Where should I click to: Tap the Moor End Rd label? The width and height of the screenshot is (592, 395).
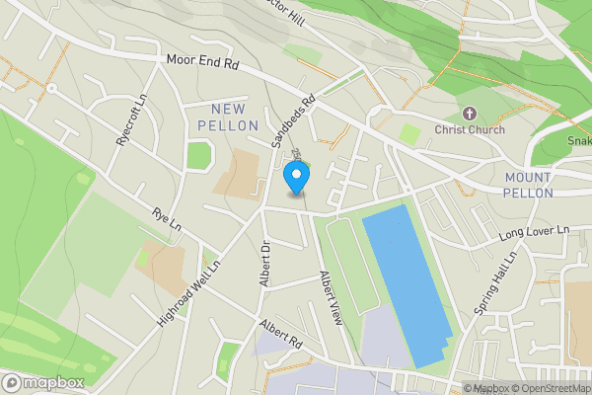(x=203, y=61)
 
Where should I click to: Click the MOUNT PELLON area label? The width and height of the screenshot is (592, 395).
(x=528, y=185)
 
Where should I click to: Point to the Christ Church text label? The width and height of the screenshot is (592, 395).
(x=470, y=129)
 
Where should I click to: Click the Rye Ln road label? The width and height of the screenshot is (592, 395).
(x=167, y=219)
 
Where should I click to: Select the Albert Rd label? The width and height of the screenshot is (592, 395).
(x=280, y=333)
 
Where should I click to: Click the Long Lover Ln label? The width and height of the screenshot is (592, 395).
(x=535, y=233)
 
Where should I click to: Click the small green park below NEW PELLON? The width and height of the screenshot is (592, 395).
(x=199, y=155)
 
